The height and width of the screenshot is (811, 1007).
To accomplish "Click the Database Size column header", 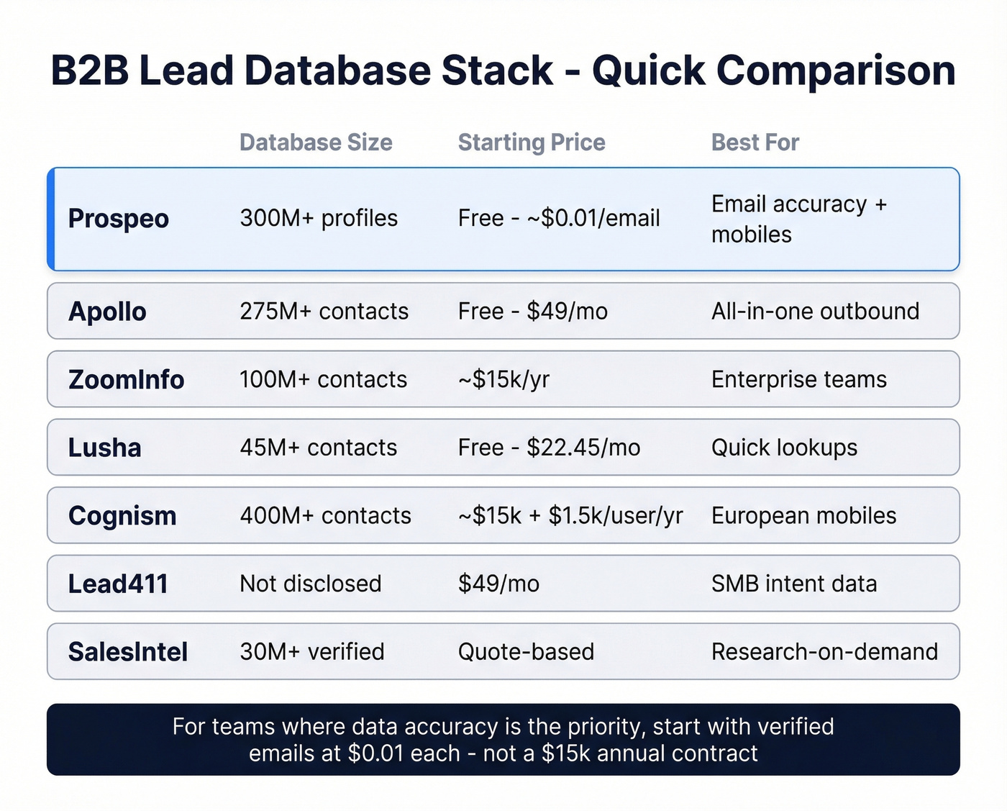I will click(316, 142).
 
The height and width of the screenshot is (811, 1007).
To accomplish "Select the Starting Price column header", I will click(532, 142).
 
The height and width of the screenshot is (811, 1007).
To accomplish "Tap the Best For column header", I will click(755, 142).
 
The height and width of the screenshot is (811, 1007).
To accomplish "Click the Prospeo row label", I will click(119, 219).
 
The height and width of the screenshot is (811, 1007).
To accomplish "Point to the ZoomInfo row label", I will click(126, 379).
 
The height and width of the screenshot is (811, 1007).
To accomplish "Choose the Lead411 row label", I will click(118, 584).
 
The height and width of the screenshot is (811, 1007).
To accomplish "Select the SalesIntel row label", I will click(128, 652).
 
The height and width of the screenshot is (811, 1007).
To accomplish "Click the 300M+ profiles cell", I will click(319, 218).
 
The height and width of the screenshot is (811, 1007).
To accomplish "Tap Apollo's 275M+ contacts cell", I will click(324, 311).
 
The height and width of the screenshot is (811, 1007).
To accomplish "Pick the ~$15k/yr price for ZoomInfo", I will click(503, 379).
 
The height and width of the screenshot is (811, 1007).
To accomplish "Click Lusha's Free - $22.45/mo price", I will click(549, 448).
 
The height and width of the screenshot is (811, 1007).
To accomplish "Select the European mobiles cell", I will click(803, 515).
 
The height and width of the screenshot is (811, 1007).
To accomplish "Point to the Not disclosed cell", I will click(310, 584).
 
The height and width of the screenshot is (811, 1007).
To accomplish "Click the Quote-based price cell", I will click(526, 652).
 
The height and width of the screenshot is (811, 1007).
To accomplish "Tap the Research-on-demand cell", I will click(824, 652).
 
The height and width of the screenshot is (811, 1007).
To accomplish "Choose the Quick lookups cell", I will click(784, 448).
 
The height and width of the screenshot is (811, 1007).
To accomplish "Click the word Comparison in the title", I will click(835, 71).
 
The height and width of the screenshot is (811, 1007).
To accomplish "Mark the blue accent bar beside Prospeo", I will click(51, 219).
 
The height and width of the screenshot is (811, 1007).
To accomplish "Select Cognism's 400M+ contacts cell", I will click(325, 515).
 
